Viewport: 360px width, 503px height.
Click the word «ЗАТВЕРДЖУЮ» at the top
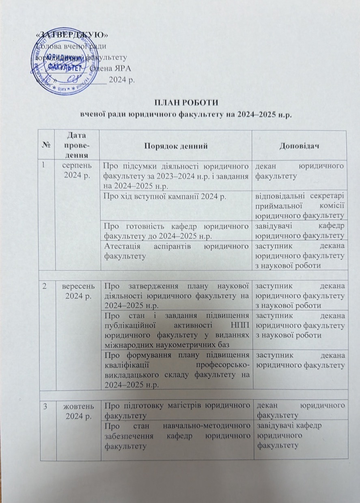tap(71, 35)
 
